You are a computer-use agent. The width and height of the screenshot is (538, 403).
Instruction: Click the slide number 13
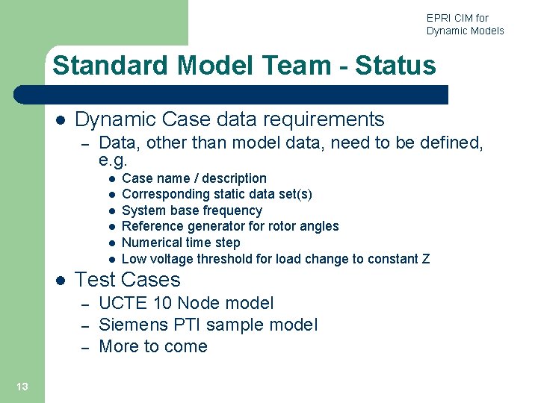click(x=22, y=386)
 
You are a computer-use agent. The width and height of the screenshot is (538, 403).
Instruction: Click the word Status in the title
click(x=395, y=66)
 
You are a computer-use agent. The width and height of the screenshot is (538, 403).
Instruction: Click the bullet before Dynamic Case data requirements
click(x=60, y=120)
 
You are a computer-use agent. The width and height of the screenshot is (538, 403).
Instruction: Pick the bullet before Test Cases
click(x=60, y=281)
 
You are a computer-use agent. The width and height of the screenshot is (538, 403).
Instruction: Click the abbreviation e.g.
click(x=114, y=160)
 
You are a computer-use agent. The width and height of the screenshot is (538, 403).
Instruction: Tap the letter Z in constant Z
click(x=425, y=259)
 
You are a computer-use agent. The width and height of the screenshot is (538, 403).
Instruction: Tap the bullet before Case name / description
click(x=110, y=179)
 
